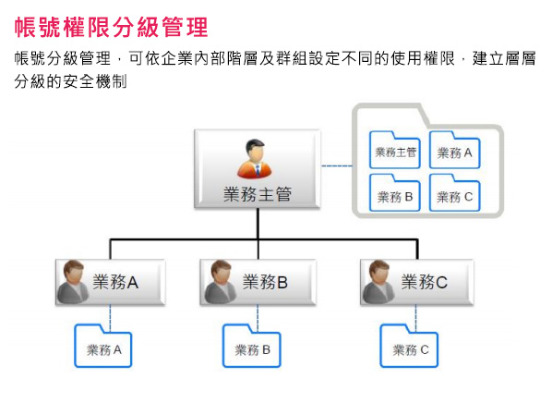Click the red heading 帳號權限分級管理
click(x=112, y=27)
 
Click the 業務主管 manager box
click(x=258, y=168)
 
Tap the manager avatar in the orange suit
click(x=255, y=158)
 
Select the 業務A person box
click(x=110, y=282)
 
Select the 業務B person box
click(x=258, y=282)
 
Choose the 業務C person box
click(x=417, y=282)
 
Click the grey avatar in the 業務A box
click(x=73, y=282)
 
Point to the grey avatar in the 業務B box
click(x=221, y=282)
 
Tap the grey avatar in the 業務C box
click(x=378, y=282)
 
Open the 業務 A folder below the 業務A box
click(x=103, y=346)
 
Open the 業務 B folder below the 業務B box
click(x=252, y=346)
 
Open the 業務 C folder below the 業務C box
click(x=409, y=346)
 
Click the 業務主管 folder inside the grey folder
click(x=395, y=150)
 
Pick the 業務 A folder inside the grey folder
click(x=455, y=150)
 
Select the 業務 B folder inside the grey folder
click(x=395, y=193)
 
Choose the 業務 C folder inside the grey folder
click(x=455, y=193)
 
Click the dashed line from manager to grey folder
click(x=337, y=165)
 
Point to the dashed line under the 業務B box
click(x=258, y=318)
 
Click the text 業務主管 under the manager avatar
click(x=258, y=194)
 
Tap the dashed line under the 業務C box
click(x=415, y=318)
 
